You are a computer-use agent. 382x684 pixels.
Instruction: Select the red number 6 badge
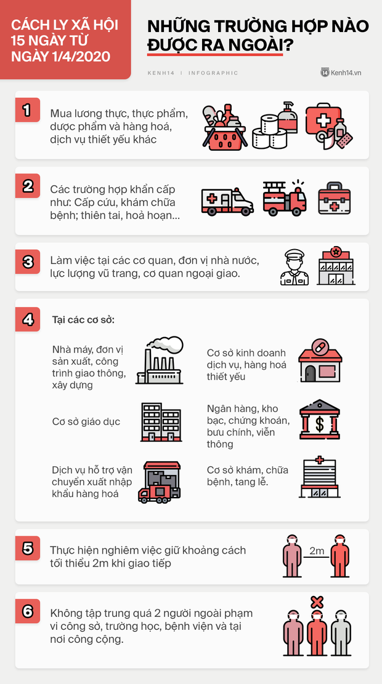pyautogui.click(x=27, y=611)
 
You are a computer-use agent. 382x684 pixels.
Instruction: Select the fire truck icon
pyautogui.click(x=284, y=199)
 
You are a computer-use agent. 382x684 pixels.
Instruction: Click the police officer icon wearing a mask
pyautogui.click(x=295, y=268)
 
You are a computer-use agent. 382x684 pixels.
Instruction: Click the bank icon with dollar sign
pyautogui.click(x=319, y=420)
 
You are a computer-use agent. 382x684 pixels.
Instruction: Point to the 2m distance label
pyautogui.click(x=317, y=551)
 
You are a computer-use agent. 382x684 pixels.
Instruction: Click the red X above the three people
pyautogui.click(x=317, y=601)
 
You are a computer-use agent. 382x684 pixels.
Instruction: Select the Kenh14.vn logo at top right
pyautogui.click(x=341, y=73)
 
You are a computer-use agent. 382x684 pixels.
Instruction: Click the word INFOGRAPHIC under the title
pyautogui.click(x=213, y=73)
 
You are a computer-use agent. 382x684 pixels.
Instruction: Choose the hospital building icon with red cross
pyautogui.click(x=319, y=477)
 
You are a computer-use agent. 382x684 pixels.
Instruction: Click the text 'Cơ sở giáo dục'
pyautogui.click(x=86, y=422)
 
